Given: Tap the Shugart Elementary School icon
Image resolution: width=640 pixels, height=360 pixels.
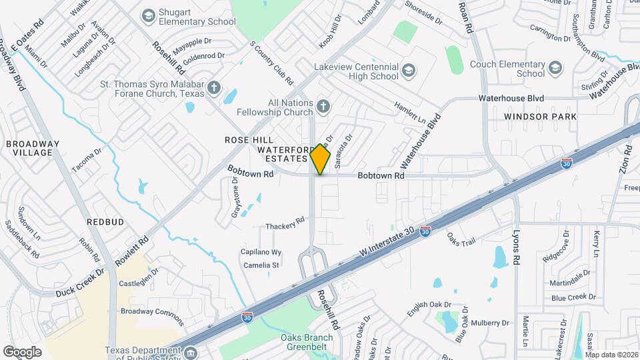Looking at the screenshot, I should (x=148, y=15).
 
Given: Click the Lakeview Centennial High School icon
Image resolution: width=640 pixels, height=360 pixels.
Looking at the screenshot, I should (x=408, y=71).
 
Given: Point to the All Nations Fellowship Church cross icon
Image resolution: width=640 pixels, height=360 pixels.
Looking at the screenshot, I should (x=323, y=107).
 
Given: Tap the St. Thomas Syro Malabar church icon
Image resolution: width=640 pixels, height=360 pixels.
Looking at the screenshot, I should (x=214, y=88).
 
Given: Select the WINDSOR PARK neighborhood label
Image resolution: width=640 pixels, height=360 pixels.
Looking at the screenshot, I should (x=540, y=117).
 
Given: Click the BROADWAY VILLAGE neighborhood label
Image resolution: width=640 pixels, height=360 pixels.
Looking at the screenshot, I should (x=33, y=148).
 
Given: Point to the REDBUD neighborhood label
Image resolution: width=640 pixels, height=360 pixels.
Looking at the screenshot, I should (x=105, y=221).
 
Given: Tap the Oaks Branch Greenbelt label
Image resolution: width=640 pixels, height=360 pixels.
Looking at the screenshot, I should (x=314, y=341).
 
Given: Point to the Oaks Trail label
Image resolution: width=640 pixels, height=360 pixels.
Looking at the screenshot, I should (x=461, y=238).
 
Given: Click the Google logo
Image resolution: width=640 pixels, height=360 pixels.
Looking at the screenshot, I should (x=22, y=351).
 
